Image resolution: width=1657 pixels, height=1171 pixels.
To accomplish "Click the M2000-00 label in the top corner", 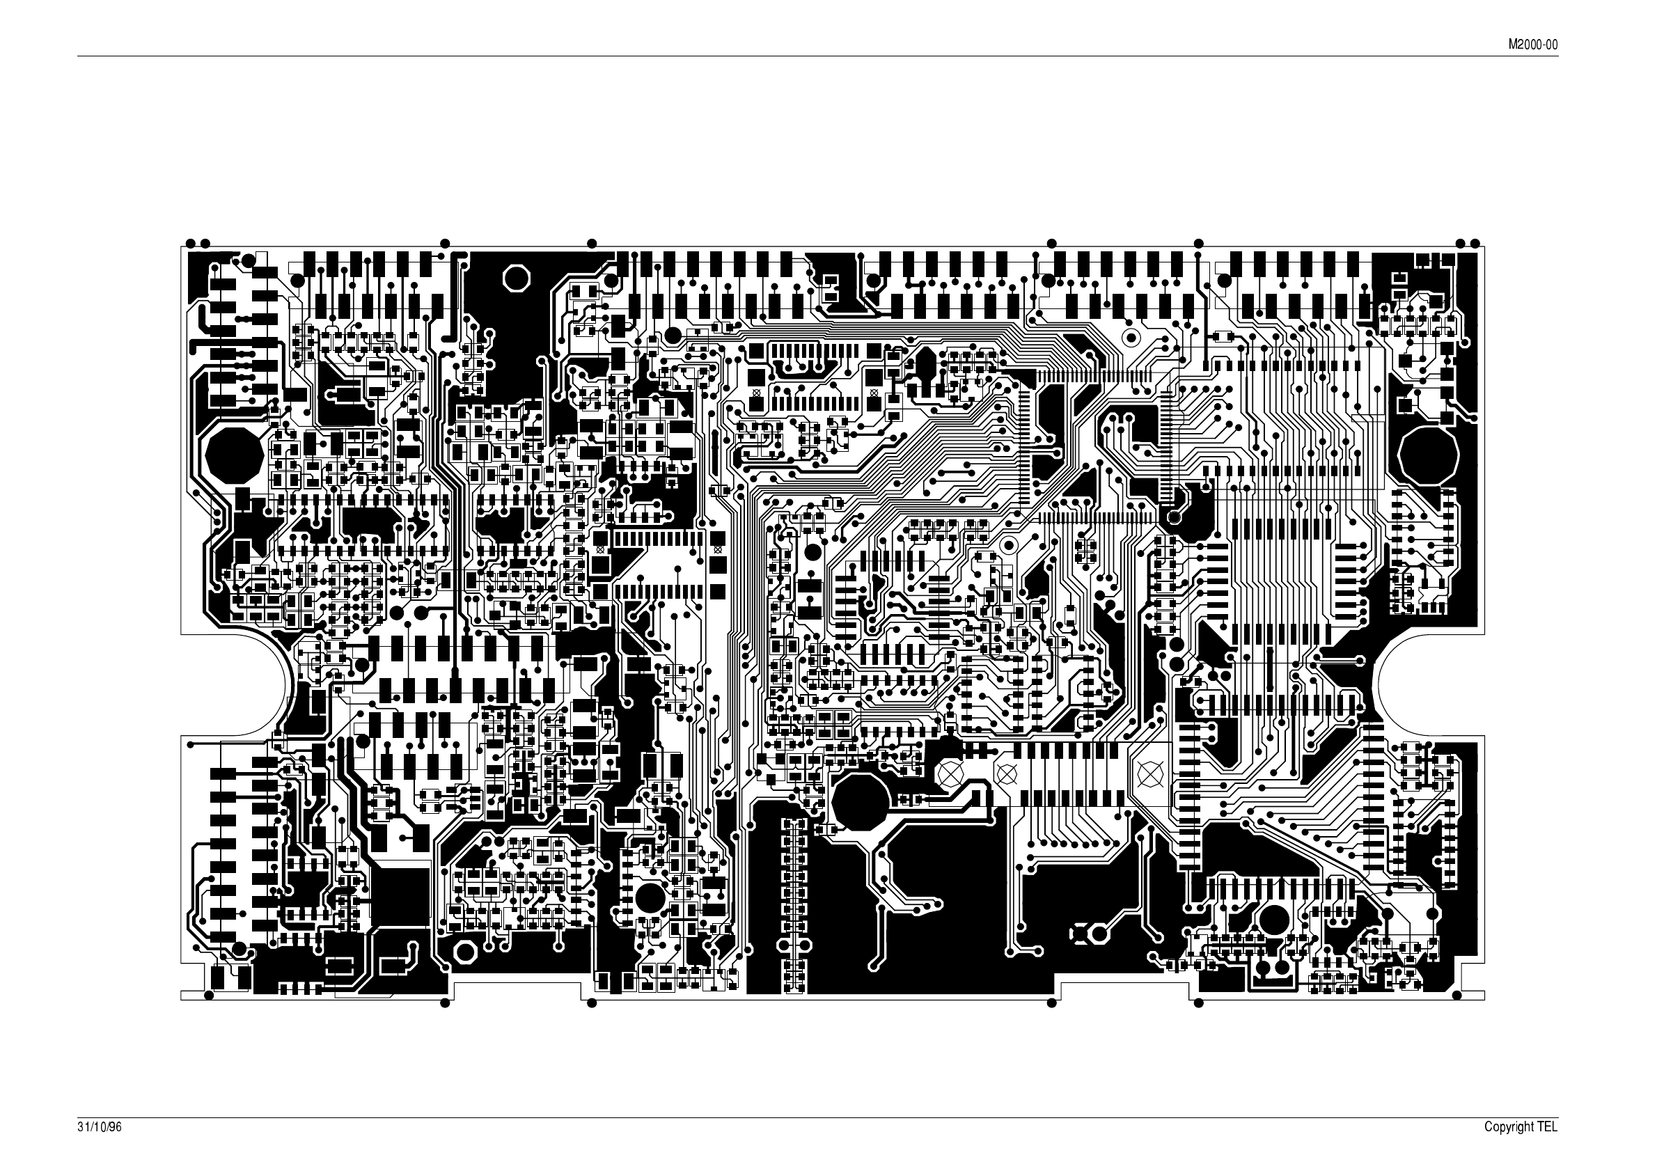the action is (x=1533, y=45).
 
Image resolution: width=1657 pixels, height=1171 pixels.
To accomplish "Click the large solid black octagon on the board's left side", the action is (x=234, y=455).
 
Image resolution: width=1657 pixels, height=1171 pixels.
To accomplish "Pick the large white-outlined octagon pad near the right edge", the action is (x=1429, y=455).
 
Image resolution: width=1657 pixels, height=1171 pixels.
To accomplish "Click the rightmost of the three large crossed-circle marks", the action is (x=1147, y=774).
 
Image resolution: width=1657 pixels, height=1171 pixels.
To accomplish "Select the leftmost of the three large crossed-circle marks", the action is (x=950, y=774).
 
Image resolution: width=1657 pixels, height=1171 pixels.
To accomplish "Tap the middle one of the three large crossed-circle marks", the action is (x=1005, y=774).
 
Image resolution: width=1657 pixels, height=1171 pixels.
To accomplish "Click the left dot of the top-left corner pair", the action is (x=190, y=242).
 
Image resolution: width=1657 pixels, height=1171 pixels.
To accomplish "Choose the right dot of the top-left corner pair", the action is (x=205, y=242).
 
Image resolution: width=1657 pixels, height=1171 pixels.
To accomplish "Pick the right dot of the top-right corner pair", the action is (x=1475, y=242).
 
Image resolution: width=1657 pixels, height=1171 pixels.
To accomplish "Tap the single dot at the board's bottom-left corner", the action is (x=210, y=996).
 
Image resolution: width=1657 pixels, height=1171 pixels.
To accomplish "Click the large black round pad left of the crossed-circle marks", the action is (x=860, y=801).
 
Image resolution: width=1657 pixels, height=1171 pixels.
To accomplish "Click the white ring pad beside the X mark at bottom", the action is (x=1099, y=934).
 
